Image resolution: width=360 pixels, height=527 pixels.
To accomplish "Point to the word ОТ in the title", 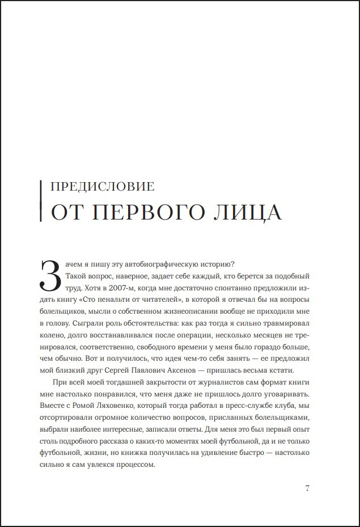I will click(x=69, y=212).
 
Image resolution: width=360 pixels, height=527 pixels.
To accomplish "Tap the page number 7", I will click(x=307, y=488).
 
